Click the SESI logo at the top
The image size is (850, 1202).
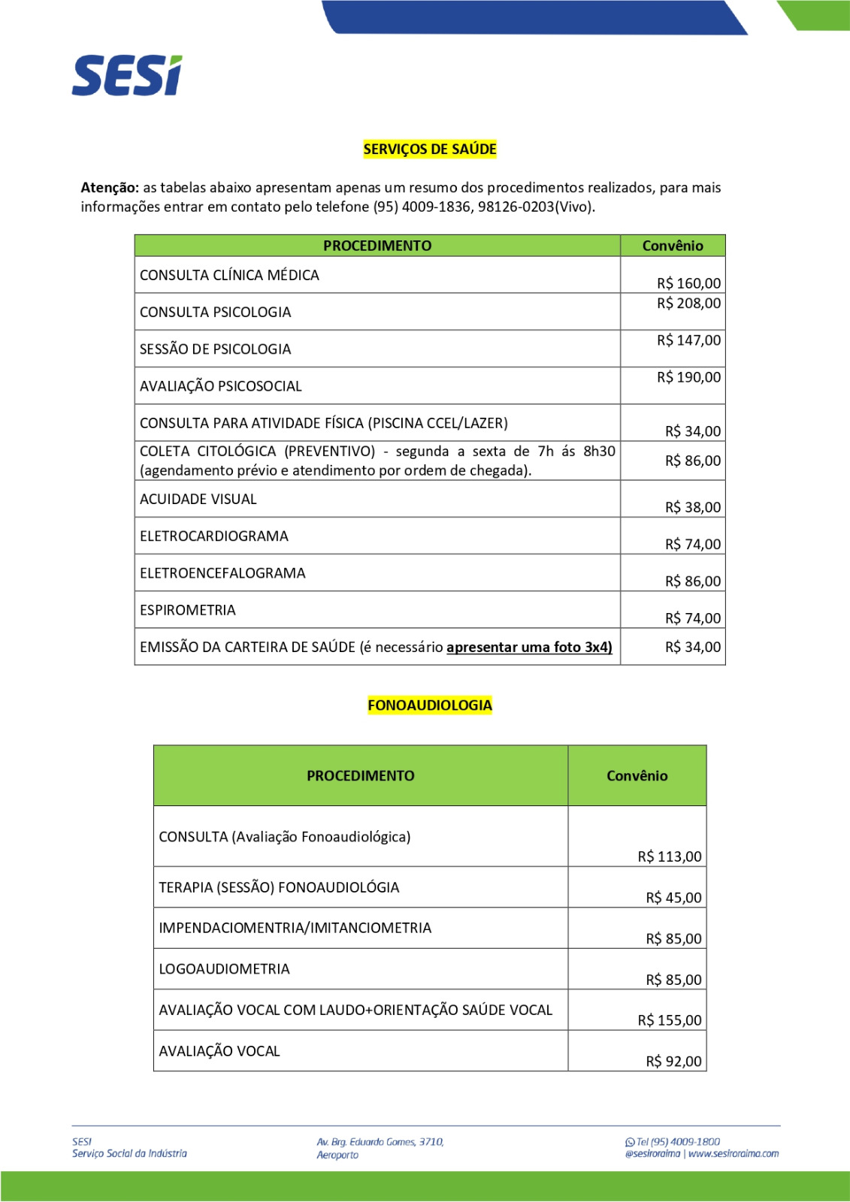coord(127,76)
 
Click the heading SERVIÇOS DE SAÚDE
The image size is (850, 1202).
coord(430,149)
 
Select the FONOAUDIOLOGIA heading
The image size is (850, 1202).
coord(430,705)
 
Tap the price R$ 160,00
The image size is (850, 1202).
coord(688,283)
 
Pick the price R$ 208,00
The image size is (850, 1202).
coord(688,304)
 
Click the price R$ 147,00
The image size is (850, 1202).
coord(688,340)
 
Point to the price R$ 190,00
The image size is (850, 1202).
coord(688,377)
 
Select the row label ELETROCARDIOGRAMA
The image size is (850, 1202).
coord(214,536)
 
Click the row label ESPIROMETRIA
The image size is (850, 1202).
coord(188,610)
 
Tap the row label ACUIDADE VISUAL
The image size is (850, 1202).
coord(198,500)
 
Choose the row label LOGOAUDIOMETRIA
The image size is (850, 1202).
coord(224,969)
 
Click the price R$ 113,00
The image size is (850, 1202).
coord(670,856)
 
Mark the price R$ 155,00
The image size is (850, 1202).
coord(670,1020)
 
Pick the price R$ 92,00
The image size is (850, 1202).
coord(673,1062)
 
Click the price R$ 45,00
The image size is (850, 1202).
coord(673,898)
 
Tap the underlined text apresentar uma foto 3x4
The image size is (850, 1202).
coord(529,648)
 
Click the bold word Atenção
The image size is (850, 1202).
coord(110,188)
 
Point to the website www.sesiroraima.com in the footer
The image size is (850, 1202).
coord(734,1154)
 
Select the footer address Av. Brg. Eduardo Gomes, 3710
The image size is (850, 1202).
coord(380,1142)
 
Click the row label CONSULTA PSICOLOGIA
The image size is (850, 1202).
coord(216,313)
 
